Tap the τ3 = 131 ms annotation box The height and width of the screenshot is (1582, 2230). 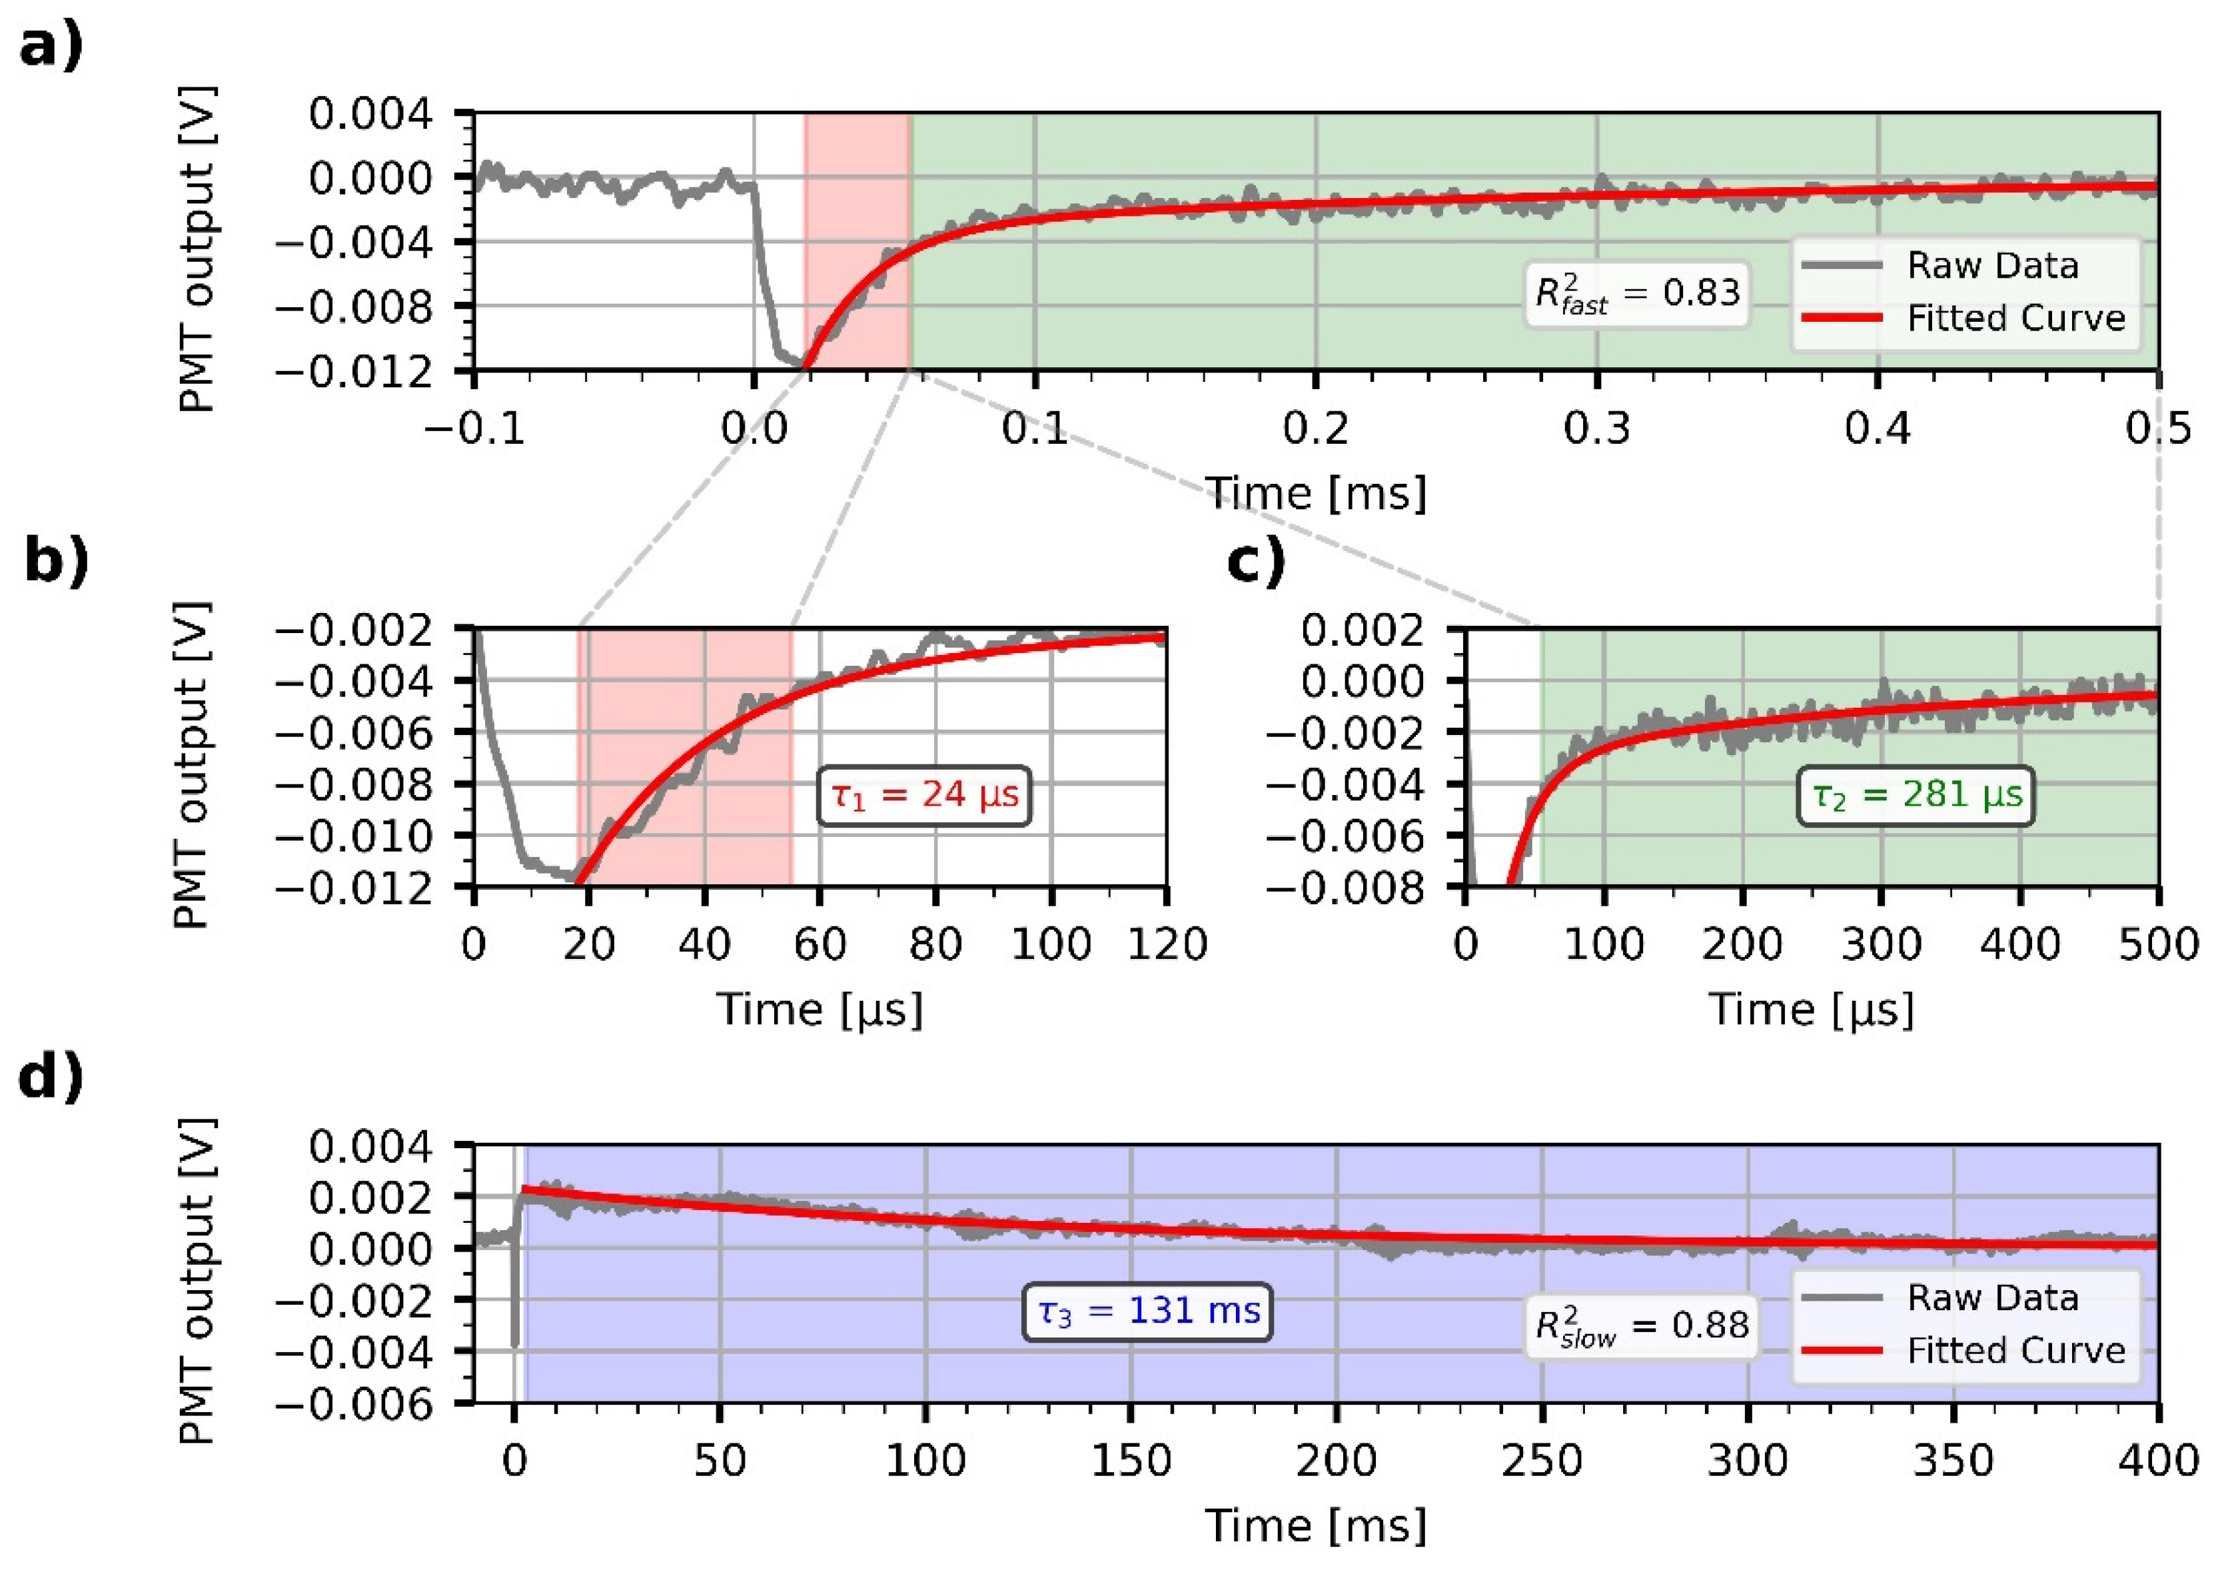[1147, 1312]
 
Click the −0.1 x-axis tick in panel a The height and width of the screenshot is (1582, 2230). [474, 428]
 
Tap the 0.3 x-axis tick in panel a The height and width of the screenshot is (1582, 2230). [1597, 428]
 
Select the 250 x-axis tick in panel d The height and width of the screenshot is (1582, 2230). [1542, 1460]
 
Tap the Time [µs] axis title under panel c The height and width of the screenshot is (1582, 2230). [1812, 1009]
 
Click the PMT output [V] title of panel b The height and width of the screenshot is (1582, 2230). [192, 766]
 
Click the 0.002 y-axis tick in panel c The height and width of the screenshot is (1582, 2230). [1361, 630]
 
